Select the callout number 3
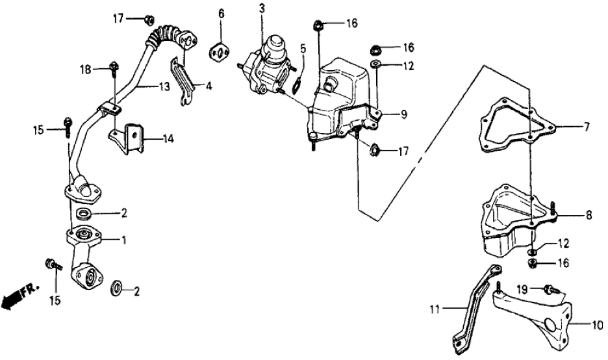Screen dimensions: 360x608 click(x=261, y=8)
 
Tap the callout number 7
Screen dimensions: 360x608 click(x=586, y=127)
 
